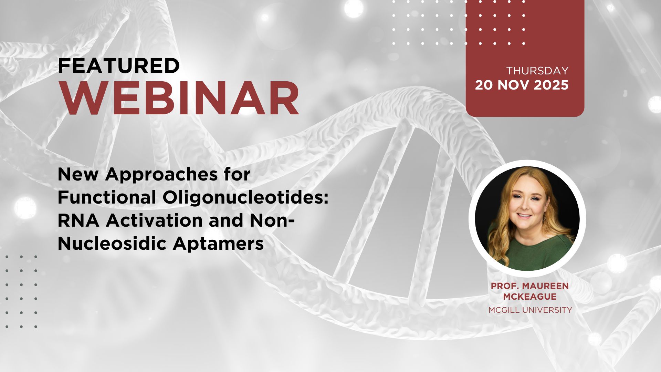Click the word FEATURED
pyautogui.click(x=119, y=66)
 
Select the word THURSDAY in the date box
pyautogui.click(x=537, y=71)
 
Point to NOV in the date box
pyautogui.click(x=513, y=85)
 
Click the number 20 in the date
pyautogui.click(x=484, y=85)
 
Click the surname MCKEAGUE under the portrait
pyautogui.click(x=529, y=297)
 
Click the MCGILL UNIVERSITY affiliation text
pyautogui.click(x=530, y=310)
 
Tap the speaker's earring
pyautogui.click(x=545, y=217)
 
